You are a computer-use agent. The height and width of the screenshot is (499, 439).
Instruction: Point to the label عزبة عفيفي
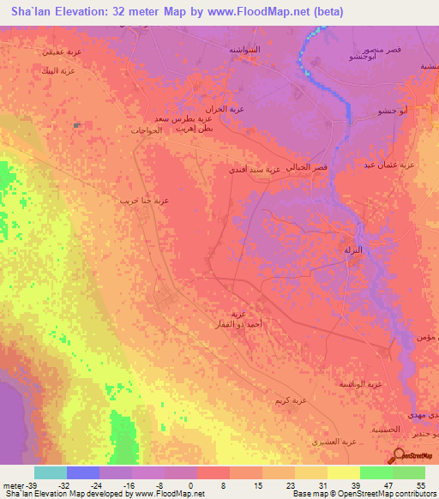[x=62, y=51]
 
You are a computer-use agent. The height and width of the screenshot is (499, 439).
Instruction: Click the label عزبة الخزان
[x=232, y=109]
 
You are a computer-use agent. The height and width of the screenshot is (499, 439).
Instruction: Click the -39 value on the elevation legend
[x=26, y=484]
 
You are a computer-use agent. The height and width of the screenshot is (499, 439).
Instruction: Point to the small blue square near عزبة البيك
[x=77, y=126]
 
